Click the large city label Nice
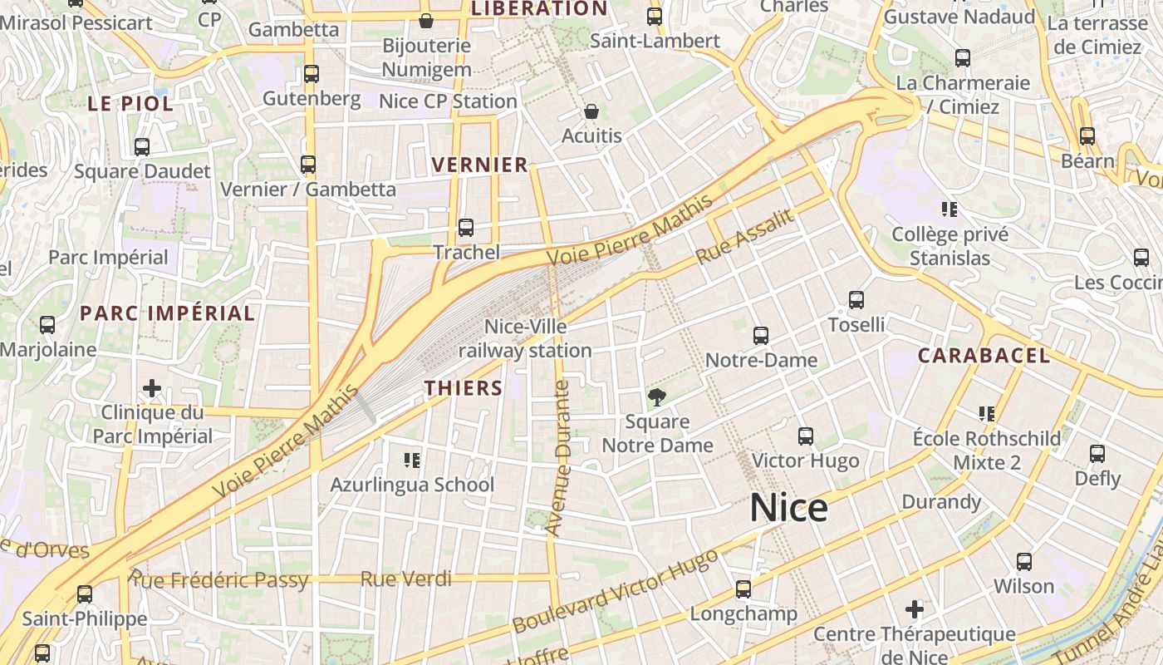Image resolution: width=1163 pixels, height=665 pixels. (x=788, y=508)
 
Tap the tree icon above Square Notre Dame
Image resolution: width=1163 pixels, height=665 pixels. (x=657, y=397)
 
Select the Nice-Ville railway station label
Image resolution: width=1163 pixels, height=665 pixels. (x=525, y=338)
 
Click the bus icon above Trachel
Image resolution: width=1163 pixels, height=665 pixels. (x=466, y=227)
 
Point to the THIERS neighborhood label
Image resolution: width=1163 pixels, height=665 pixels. (x=464, y=388)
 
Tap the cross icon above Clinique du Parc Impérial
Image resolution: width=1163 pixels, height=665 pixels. (x=151, y=388)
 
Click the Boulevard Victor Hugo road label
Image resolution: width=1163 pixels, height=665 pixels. (x=615, y=591)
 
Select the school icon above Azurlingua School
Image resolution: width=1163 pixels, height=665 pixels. (x=412, y=460)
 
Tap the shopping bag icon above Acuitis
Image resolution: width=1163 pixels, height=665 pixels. (x=591, y=111)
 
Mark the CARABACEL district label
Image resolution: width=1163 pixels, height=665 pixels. (x=984, y=356)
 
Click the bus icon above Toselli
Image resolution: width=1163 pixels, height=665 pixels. (x=856, y=299)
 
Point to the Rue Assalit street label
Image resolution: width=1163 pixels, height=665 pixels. (x=745, y=237)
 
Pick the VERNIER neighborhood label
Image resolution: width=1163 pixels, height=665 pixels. (x=480, y=165)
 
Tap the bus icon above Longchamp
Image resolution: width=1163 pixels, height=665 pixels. (x=743, y=589)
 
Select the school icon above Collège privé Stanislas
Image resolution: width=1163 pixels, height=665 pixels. (x=950, y=209)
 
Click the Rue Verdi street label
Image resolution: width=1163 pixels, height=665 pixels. (x=406, y=579)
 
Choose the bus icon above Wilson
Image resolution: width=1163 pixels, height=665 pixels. (x=1024, y=561)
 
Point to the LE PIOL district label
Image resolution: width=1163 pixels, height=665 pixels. (x=130, y=104)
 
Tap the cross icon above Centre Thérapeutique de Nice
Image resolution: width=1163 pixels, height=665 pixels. (x=915, y=609)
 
